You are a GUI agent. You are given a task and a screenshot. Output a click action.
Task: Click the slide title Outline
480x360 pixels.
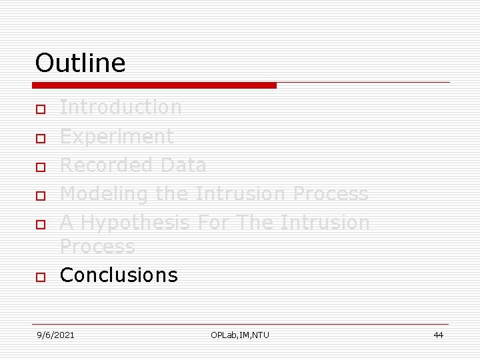pyautogui.click(x=80, y=63)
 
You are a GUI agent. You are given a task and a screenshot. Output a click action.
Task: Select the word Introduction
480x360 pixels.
pyautogui.click(x=121, y=107)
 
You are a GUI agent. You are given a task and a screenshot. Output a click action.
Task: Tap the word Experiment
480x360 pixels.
pyautogui.click(x=117, y=137)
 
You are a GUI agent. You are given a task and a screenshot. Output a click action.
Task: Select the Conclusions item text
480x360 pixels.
pyautogui.click(x=119, y=275)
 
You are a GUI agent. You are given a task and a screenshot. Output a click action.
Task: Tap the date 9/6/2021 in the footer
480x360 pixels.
pyautogui.click(x=56, y=335)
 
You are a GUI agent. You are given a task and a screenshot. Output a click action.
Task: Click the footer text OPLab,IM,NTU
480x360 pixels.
pyautogui.click(x=240, y=335)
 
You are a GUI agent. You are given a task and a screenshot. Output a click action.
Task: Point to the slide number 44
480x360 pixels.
pyautogui.click(x=438, y=335)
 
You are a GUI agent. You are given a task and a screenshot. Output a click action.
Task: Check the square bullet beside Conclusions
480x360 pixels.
pyautogui.click(x=40, y=277)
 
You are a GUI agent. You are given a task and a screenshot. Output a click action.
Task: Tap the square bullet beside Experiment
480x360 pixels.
pyautogui.click(x=40, y=139)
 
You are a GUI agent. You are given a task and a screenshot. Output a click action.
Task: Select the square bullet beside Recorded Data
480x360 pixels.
pyautogui.click(x=40, y=167)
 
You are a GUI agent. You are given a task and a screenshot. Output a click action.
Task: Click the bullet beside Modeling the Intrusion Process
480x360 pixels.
pyautogui.click(x=40, y=196)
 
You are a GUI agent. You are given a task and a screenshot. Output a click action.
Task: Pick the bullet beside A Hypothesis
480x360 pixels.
pyautogui.click(x=40, y=224)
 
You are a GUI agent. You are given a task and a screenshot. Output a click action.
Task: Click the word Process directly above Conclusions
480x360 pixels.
pyautogui.click(x=97, y=247)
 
